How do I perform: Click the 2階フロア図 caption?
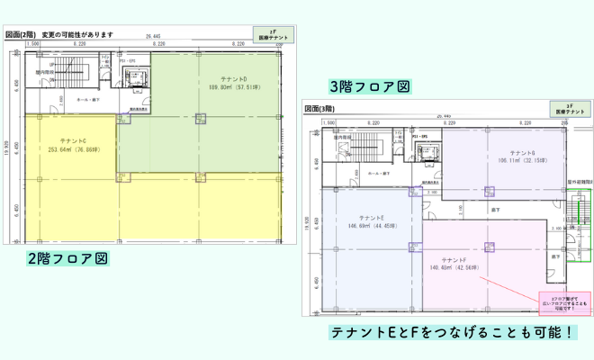pyautogui.click(x=68, y=258)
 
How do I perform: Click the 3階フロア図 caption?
pyautogui.click(x=370, y=86)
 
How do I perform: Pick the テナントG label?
pyautogui.click(x=522, y=153)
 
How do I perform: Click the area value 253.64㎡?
pyautogui.click(x=65, y=150)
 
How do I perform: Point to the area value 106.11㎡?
pyautogui.click(x=514, y=161)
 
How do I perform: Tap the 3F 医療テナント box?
pyautogui.click(x=570, y=109)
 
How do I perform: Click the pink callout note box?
pyautogui.click(x=564, y=301)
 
